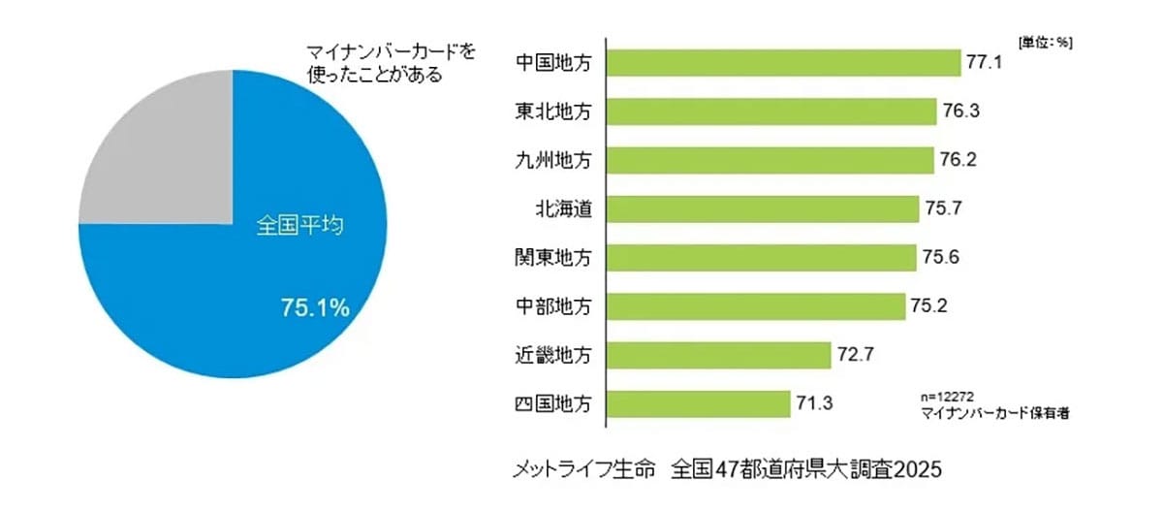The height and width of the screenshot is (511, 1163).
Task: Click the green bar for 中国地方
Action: (783, 62)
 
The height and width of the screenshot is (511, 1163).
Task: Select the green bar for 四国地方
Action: (699, 403)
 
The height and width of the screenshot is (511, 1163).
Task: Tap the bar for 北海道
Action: (763, 208)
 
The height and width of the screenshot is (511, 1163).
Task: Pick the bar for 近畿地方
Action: (719, 355)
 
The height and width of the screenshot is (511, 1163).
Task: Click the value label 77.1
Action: (983, 62)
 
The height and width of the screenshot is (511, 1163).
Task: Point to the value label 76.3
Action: (960, 111)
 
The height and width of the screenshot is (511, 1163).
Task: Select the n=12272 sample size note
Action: (947, 397)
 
